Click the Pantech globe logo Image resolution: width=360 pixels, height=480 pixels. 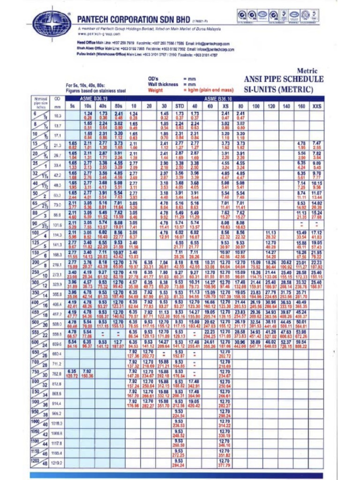click(x=52, y=22)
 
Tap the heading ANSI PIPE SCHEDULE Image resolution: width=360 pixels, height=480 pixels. click(x=284, y=79)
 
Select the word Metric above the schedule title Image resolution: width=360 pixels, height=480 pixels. click(x=307, y=71)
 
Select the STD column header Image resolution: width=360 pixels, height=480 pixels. click(x=179, y=106)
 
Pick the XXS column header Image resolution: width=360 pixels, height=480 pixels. click(x=317, y=106)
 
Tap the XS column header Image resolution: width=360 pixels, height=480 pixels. click(x=225, y=106)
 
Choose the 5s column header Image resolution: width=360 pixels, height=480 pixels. click(x=73, y=106)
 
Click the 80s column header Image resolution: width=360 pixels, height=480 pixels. click(x=118, y=106)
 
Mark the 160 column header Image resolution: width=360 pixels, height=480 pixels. click(x=302, y=106)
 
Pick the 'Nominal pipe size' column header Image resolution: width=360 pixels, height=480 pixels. click(x=40, y=103)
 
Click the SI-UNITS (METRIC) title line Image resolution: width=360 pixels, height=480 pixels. click(x=284, y=89)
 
